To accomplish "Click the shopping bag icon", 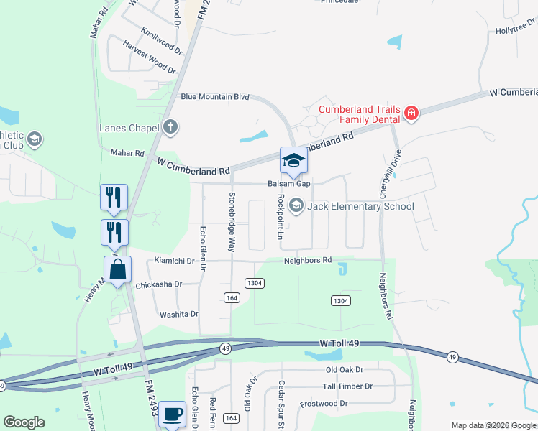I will pyautogui.click(x=118, y=270).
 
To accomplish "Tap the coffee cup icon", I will pyautogui.click(x=172, y=414).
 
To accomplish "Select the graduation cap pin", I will pyautogui.click(x=293, y=160).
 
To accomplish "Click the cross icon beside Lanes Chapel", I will pyautogui.click(x=170, y=128).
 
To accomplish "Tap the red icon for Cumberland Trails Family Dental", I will pyautogui.click(x=411, y=113).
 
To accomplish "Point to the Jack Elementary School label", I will pyautogui.click(x=360, y=207).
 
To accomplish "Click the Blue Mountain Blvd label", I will pyautogui.click(x=215, y=96).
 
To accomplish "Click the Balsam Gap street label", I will pyautogui.click(x=289, y=184).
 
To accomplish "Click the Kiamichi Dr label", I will pyautogui.click(x=175, y=260).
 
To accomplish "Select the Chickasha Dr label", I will pyautogui.click(x=159, y=284).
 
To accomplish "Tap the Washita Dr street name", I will pyautogui.click(x=178, y=314).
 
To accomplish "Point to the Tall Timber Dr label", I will pyautogui.click(x=347, y=386).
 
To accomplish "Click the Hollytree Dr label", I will pyautogui.click(x=516, y=29).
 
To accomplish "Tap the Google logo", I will pyautogui.click(x=24, y=422).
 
